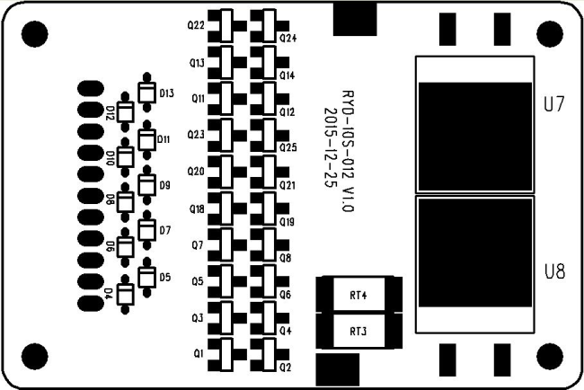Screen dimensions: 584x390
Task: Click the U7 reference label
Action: point(554,104)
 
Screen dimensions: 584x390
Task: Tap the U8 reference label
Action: point(554,271)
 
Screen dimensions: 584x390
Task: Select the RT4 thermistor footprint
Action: point(359,294)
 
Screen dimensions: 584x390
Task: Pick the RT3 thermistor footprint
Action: point(359,332)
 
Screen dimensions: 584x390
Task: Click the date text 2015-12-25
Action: point(331,147)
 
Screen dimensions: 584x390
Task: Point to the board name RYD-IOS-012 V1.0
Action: point(348,151)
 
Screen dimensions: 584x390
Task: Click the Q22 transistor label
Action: point(196,26)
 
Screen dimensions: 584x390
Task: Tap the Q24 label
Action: point(288,39)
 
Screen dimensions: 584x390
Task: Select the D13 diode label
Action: point(166,93)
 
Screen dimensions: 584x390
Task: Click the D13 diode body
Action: point(146,92)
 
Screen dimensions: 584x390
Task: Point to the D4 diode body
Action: point(125,294)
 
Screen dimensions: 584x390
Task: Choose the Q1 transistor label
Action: point(199,353)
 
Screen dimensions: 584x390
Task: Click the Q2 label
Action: point(286,368)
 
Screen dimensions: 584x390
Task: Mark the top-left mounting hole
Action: point(35,34)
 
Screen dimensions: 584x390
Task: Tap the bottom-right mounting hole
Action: point(550,357)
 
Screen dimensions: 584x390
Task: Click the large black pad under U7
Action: point(475,137)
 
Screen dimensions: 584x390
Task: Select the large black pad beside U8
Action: point(475,253)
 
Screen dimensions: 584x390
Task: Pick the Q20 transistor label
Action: point(196,172)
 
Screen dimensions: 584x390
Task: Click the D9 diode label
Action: point(165,185)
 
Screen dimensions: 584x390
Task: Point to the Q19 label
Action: point(288,222)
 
